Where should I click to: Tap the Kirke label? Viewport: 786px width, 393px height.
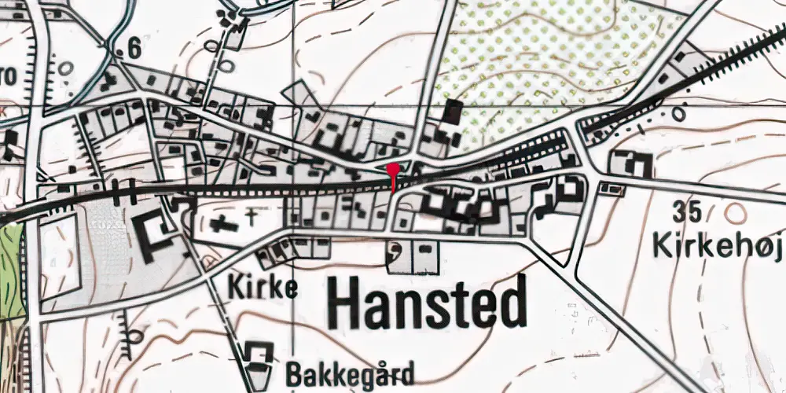pyautogui.click(x=263, y=288)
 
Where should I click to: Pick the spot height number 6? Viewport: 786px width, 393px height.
pyautogui.click(x=133, y=49)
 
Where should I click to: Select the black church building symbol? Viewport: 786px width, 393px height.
pyautogui.click(x=224, y=223)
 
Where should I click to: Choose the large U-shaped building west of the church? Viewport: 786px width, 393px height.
pyautogui.click(x=158, y=233)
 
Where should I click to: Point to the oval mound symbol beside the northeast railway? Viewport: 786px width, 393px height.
pyautogui.click(x=678, y=113)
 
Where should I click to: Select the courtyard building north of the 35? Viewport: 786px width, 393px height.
pyautogui.click(x=634, y=164)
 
